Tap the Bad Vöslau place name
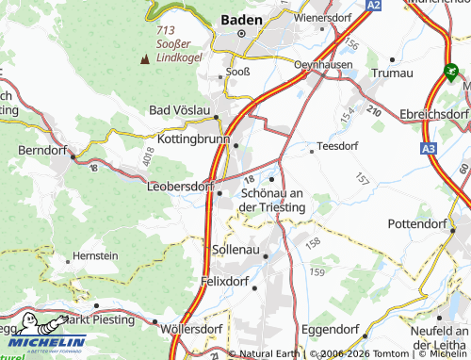(x=181, y=109)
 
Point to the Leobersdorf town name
(x=181, y=187)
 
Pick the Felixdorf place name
(x=230, y=280)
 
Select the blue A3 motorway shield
(x=430, y=148)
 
